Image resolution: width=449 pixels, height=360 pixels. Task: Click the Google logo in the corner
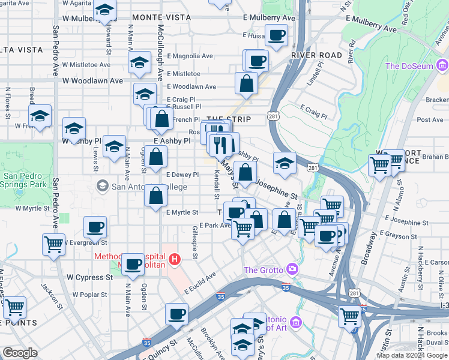(x=20, y=353)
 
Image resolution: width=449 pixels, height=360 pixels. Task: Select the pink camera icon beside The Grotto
(x=292, y=269)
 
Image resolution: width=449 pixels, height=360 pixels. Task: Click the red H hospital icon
(x=175, y=259)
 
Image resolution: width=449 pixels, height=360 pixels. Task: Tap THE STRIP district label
(x=228, y=120)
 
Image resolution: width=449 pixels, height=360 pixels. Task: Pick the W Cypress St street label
(x=89, y=278)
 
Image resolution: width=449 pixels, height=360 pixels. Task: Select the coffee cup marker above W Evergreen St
(x=95, y=228)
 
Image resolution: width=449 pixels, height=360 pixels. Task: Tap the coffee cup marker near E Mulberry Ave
(x=276, y=36)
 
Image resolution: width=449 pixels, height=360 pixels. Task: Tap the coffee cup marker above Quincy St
(x=176, y=314)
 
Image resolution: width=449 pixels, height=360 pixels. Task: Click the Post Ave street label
(x=430, y=120)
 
